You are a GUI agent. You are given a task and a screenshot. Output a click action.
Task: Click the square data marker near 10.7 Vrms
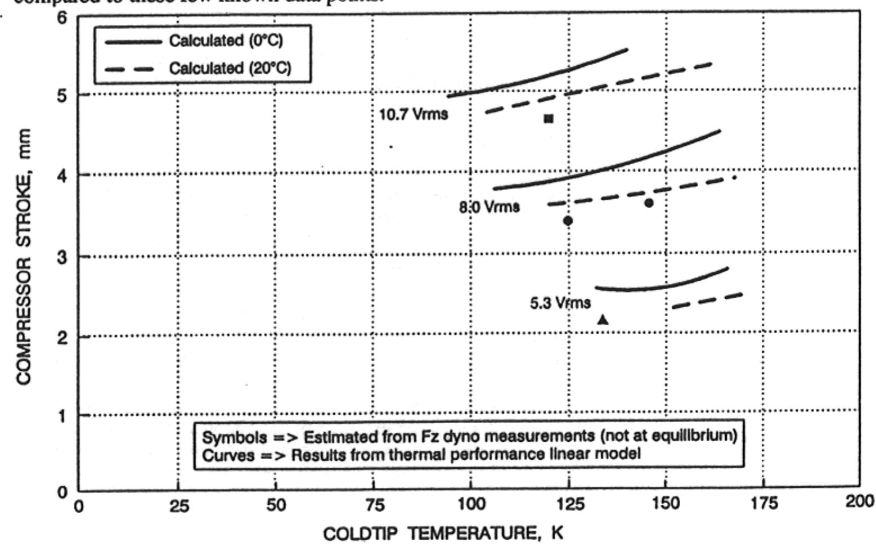(x=549, y=119)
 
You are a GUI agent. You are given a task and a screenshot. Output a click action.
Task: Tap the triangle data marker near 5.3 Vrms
(x=603, y=320)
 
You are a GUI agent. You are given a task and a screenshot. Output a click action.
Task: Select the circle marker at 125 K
(x=568, y=221)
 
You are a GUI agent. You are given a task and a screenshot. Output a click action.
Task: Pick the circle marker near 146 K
(x=649, y=203)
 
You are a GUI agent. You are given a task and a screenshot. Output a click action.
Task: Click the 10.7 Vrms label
(x=414, y=114)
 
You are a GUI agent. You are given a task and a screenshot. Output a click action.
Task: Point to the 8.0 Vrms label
(x=489, y=207)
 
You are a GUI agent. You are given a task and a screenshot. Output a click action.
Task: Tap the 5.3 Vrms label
(x=560, y=303)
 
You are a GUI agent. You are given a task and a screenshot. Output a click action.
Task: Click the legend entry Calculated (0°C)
(x=226, y=41)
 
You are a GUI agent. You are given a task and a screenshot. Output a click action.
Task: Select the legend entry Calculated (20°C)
(x=230, y=69)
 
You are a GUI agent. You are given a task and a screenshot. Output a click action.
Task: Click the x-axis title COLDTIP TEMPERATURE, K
(x=443, y=533)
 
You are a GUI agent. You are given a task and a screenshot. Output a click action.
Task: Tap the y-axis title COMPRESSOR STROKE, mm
(x=23, y=256)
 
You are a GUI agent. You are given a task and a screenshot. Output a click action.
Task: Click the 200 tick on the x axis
(x=859, y=501)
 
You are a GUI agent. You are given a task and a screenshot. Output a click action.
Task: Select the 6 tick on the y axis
(x=62, y=18)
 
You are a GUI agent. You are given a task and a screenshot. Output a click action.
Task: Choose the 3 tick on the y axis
(x=62, y=257)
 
